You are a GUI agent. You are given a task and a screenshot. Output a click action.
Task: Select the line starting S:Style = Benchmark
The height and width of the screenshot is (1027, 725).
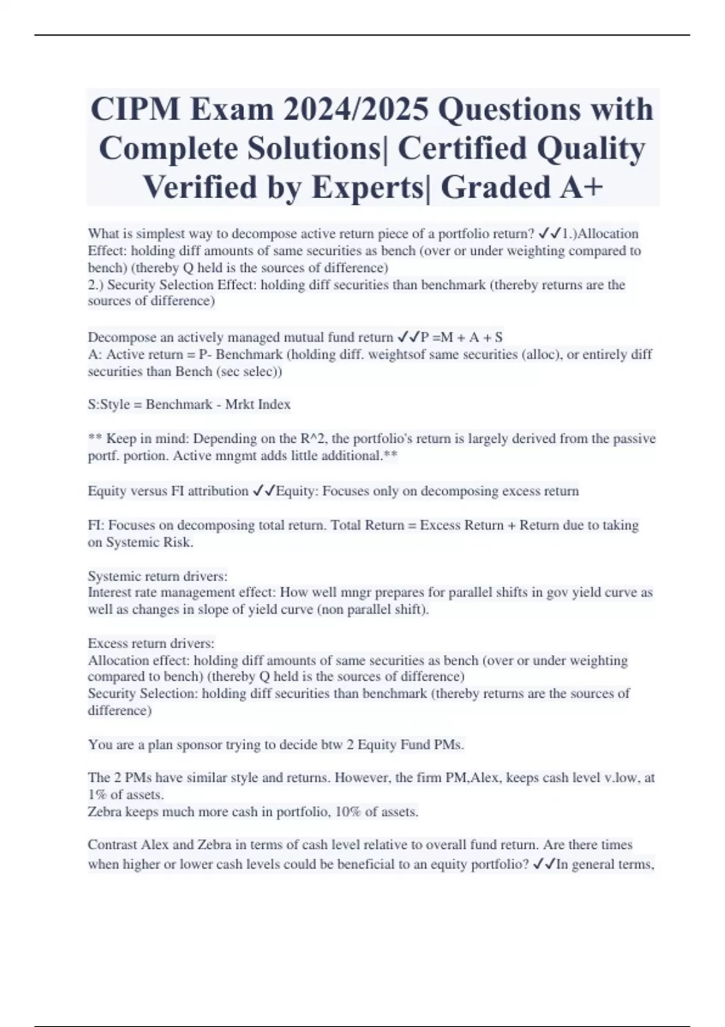click(x=189, y=404)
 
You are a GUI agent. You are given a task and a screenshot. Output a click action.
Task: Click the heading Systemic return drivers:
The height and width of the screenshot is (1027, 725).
click(x=158, y=576)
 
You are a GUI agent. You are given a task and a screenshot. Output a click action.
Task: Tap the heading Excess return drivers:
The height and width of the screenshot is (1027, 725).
click(x=151, y=643)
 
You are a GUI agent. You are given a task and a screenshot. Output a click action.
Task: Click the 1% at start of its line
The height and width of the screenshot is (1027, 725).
click(x=97, y=794)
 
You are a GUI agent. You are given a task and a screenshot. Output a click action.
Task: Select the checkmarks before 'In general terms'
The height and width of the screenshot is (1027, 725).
click(x=544, y=864)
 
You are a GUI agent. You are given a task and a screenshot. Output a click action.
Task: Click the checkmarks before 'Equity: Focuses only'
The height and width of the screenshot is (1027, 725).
click(x=263, y=491)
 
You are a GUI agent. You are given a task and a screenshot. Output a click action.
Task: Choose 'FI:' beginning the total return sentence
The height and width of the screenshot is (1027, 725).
click(x=96, y=525)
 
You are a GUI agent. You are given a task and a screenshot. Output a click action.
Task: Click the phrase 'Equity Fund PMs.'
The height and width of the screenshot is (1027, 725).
click(x=411, y=744)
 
